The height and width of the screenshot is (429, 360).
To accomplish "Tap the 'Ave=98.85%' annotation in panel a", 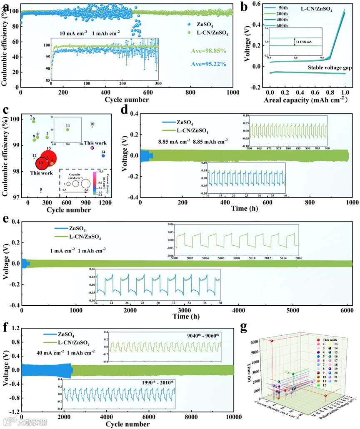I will click(x=211, y=51).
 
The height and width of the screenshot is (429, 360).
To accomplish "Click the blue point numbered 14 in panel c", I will click(x=103, y=156).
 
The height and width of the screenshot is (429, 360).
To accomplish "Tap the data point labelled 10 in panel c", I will click(x=92, y=127).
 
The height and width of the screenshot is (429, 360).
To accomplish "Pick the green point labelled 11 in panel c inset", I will click(x=67, y=130).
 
